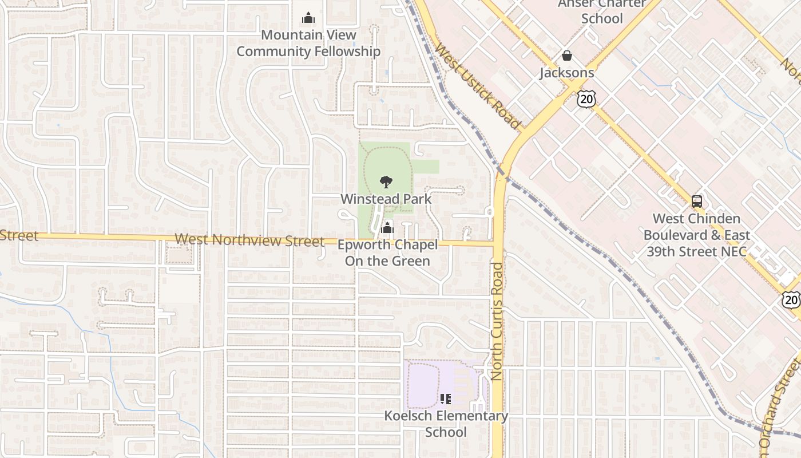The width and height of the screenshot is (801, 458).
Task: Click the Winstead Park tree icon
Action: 386,182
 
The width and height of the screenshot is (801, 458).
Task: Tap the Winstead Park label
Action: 386,199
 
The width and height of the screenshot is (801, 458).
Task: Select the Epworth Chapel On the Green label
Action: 387,253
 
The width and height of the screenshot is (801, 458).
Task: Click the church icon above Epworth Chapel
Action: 387,228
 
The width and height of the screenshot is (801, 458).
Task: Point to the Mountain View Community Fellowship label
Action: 308,43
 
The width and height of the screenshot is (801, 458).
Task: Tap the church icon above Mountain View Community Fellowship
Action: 308,18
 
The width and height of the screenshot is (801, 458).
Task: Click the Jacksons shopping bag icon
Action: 567,56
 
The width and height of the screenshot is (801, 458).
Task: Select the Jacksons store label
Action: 567,73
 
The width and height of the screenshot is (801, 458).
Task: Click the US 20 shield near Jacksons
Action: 586,99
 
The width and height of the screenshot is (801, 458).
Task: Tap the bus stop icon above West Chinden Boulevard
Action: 697,202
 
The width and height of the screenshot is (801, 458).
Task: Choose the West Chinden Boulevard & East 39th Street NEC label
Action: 696,235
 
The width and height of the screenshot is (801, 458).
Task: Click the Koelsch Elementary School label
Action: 446,424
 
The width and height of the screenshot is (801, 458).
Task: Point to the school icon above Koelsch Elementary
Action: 446,398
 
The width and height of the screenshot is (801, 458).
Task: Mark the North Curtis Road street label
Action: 496,321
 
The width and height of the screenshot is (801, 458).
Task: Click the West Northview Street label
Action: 249,240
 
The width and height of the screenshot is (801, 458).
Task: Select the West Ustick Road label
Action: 477,86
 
